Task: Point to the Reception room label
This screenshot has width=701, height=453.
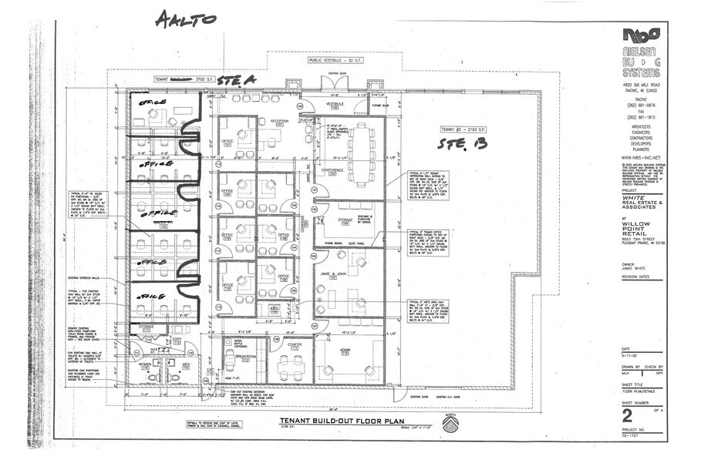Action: coord(269,121)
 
